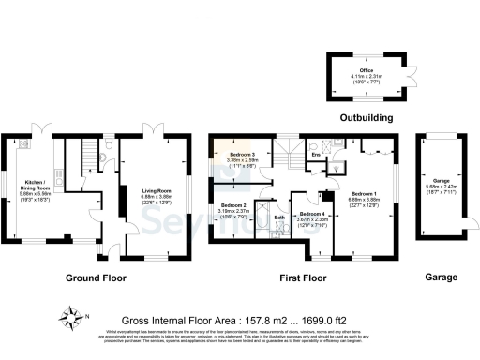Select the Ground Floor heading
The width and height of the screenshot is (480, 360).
click(96, 277)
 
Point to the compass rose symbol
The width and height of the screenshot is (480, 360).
click(70, 315)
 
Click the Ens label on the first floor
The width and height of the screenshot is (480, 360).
click(317, 155)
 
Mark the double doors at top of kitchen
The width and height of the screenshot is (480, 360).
click(39, 127)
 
